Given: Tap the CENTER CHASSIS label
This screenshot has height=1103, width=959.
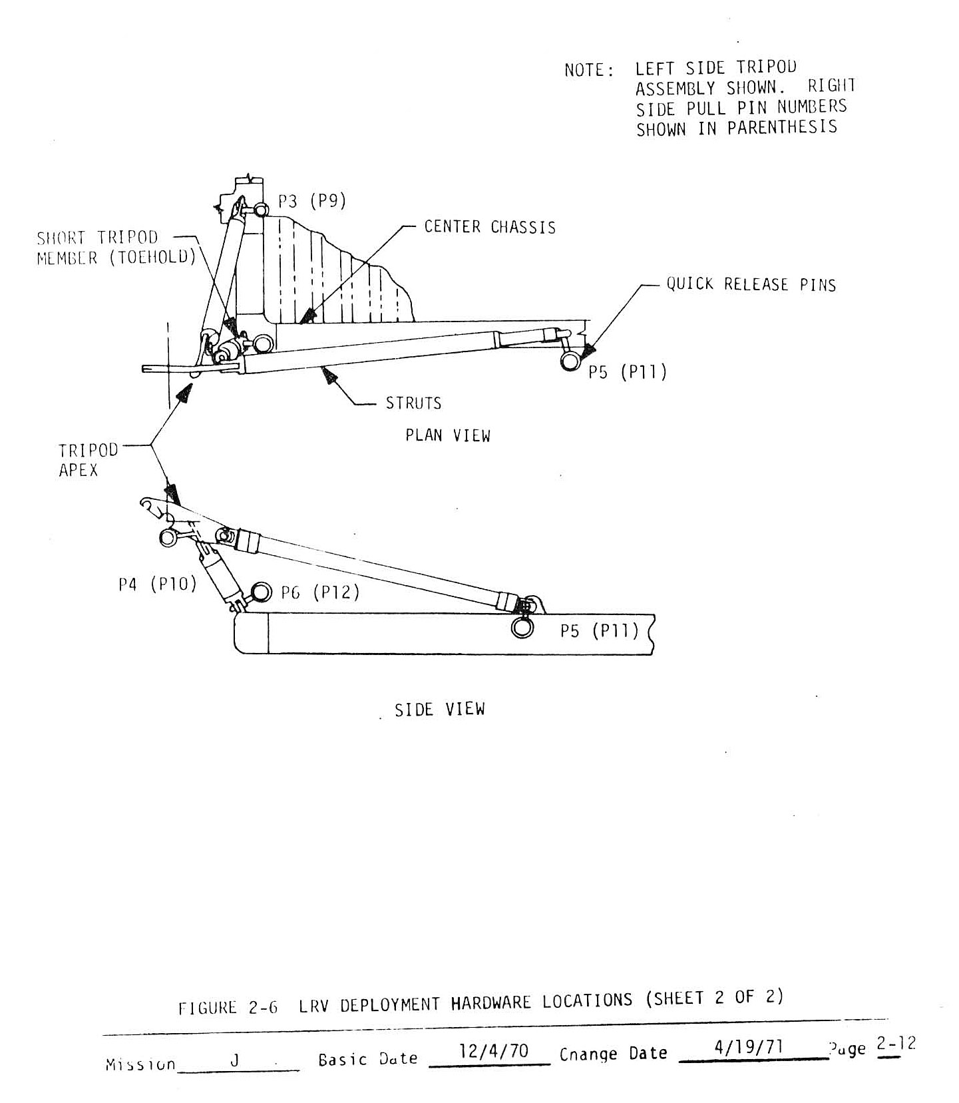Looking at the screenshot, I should [x=490, y=228].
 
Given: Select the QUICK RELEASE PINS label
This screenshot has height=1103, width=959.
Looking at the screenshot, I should [x=751, y=285].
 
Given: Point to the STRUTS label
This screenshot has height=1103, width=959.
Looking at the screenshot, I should [x=413, y=403].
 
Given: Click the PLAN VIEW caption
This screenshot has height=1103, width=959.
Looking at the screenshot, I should [x=448, y=436].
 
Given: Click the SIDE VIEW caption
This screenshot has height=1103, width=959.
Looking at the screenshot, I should [x=440, y=710].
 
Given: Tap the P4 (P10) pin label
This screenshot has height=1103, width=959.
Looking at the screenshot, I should [x=158, y=584].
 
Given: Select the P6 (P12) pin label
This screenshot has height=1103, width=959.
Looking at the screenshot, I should [x=320, y=592].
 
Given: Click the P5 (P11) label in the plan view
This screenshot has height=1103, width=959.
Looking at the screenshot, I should [x=627, y=372].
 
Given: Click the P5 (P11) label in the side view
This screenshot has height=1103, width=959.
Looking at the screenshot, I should [x=598, y=630].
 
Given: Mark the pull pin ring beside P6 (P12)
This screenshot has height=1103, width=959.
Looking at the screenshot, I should [x=262, y=591].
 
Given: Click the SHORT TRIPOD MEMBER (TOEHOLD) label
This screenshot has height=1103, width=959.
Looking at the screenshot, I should [x=116, y=248].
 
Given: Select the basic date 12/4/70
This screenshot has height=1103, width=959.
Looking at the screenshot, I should [x=494, y=1051].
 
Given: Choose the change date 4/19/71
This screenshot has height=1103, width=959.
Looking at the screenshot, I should [x=748, y=1048].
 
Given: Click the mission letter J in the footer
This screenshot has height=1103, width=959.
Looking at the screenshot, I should [x=234, y=1060].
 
